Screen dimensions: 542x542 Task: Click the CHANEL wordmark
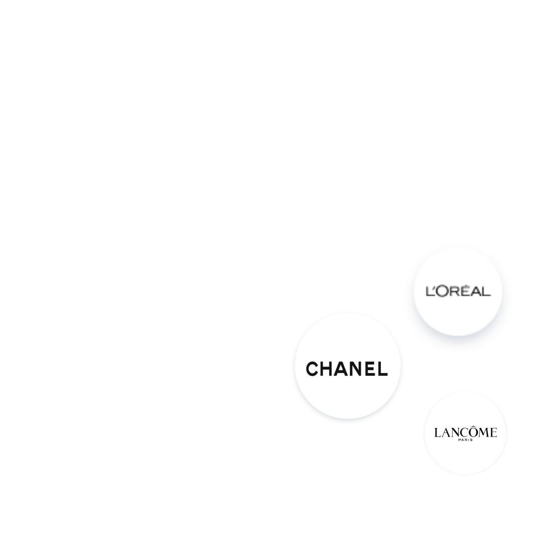click(x=347, y=369)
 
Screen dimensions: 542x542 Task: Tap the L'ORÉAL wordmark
click(x=458, y=291)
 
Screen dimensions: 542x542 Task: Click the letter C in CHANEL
click(x=312, y=369)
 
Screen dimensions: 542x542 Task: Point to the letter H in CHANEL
click(x=327, y=369)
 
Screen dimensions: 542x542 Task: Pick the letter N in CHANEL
click(x=356, y=369)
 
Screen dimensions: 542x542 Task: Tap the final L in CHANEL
click(x=383, y=369)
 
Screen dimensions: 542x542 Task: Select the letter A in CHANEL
click(x=341, y=369)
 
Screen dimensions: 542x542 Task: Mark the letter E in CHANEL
click(x=370, y=369)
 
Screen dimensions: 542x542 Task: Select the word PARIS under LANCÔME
click(x=465, y=440)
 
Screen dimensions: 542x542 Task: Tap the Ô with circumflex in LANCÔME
click(x=473, y=432)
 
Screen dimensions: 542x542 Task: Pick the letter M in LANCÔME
click(x=484, y=433)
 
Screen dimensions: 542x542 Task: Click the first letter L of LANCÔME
click(x=438, y=433)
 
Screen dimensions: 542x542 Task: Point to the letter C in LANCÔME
click(x=463, y=433)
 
